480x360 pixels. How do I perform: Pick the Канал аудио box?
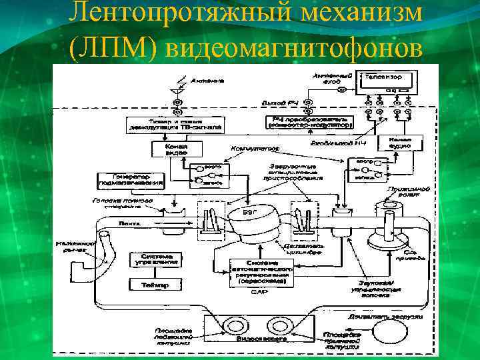click(396, 142)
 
